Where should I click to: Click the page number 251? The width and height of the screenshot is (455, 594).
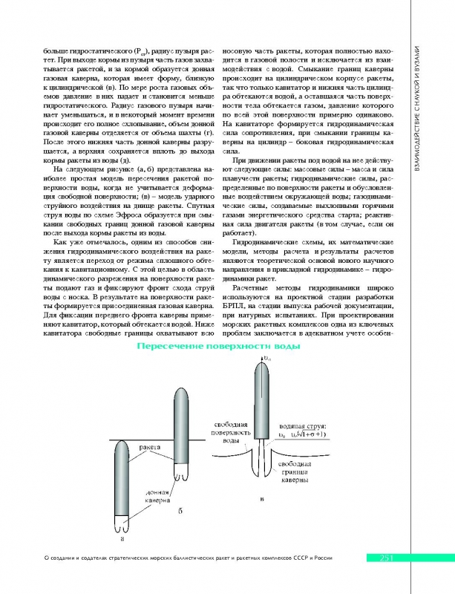pos(391,558)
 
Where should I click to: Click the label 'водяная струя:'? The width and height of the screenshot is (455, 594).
pos(298,425)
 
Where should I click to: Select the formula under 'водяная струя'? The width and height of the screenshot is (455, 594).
pos(302,434)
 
